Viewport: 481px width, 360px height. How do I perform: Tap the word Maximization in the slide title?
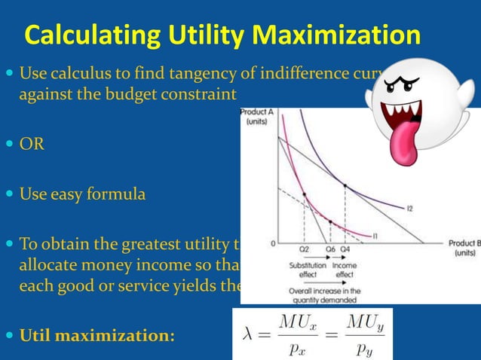pyautogui.click(x=341, y=35)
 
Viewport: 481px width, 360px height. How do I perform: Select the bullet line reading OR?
pyautogui.click(x=32, y=144)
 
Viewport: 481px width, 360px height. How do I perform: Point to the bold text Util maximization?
pyautogui.click(x=97, y=333)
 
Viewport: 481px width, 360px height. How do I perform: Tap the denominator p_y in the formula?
pyautogui.click(x=366, y=347)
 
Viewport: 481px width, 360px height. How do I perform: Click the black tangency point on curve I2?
pyautogui.click(x=345, y=185)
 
